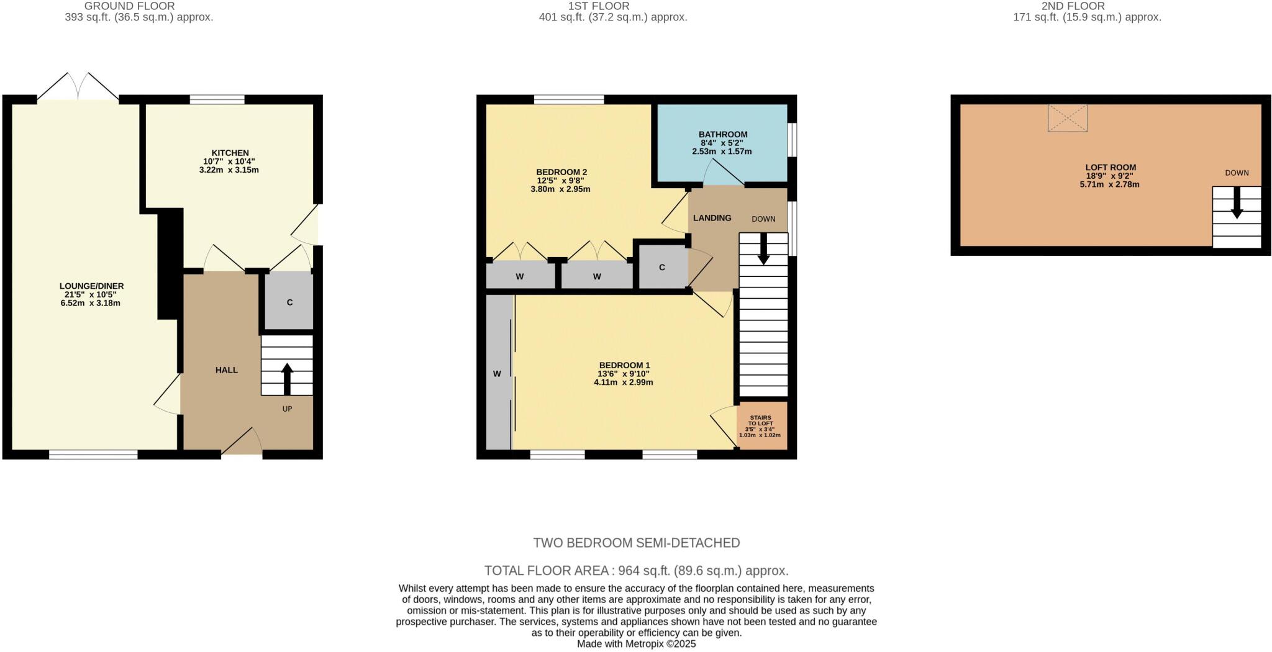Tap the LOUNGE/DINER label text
pyautogui.click(x=91, y=286)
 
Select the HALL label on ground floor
pyautogui.click(x=226, y=370)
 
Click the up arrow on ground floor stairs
pyautogui.click(x=287, y=378)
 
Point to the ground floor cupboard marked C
pyautogui.click(x=289, y=302)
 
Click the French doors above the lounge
pyautogui.click(x=78, y=87)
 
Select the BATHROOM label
pyautogui.click(x=722, y=134)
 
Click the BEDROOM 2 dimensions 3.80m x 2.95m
pyautogui.click(x=560, y=189)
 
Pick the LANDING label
pyautogui.click(x=712, y=218)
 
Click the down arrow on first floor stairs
pyautogui.click(x=763, y=248)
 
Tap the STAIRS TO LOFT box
pyautogui.click(x=761, y=425)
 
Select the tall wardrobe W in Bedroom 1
pyautogui.click(x=497, y=373)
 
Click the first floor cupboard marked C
pyautogui.click(x=662, y=267)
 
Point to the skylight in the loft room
pyautogui.click(x=1067, y=118)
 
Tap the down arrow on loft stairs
pyautogui.click(x=1237, y=202)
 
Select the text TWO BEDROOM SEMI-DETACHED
pyautogui.click(x=636, y=543)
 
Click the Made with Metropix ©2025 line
pyautogui.click(x=636, y=644)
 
